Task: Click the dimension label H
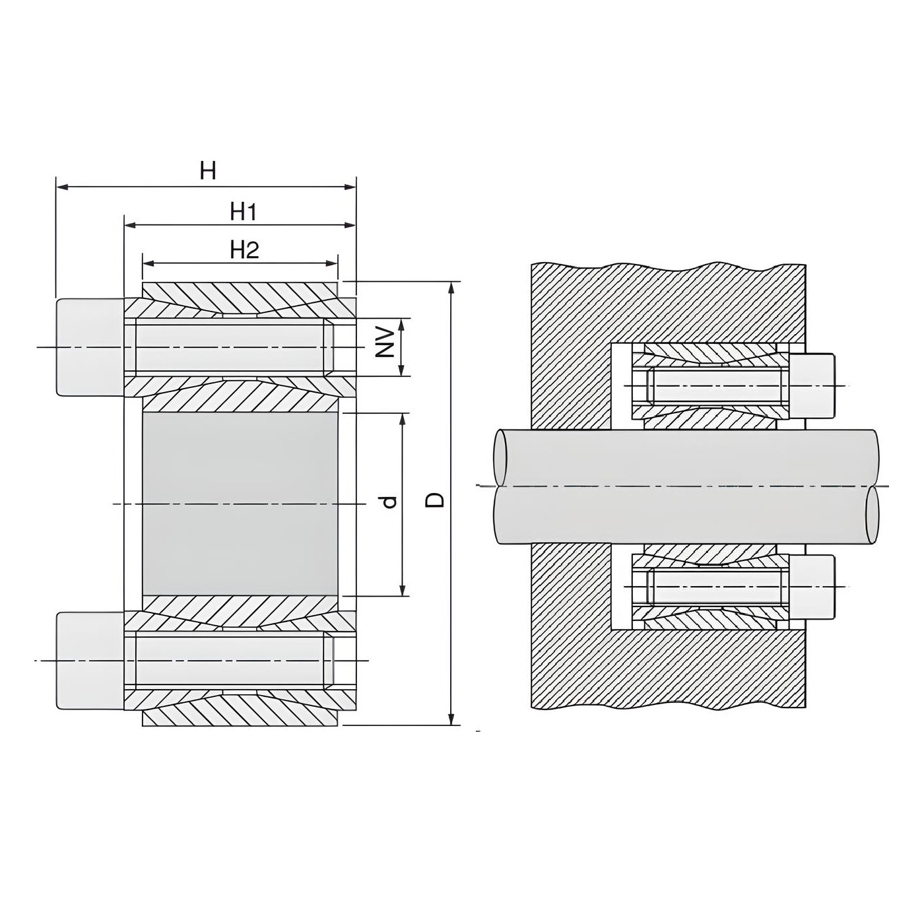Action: [x=208, y=170]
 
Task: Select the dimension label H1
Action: [x=243, y=211]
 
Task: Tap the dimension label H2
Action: [x=245, y=250]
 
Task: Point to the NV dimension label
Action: [x=384, y=343]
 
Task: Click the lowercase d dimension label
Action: [x=390, y=502]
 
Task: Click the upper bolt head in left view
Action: [x=90, y=346]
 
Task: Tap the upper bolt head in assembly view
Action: [x=812, y=385]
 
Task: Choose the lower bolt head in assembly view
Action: [x=812, y=587]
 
